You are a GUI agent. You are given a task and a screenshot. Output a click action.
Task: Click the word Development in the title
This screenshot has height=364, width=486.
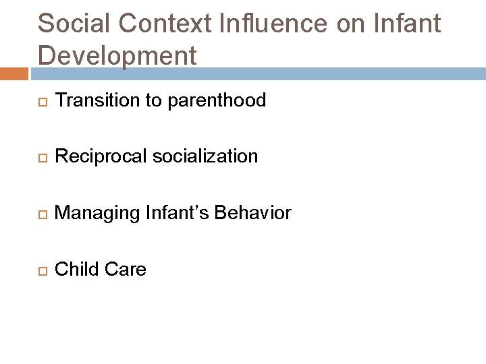(117, 55)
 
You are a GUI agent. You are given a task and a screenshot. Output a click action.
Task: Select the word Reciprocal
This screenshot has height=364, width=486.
(101, 157)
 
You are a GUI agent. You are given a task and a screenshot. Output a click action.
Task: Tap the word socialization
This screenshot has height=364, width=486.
(205, 157)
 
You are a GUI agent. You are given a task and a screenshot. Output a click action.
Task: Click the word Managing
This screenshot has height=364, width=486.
(99, 214)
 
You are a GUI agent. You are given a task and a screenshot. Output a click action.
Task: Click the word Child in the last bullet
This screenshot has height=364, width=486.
(76, 270)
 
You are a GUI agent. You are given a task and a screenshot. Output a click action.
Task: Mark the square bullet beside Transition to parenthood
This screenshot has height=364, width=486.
(41, 102)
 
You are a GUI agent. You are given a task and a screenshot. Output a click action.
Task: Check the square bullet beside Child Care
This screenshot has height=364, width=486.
(41, 270)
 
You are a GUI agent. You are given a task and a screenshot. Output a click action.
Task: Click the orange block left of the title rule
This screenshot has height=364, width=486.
(13, 73)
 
